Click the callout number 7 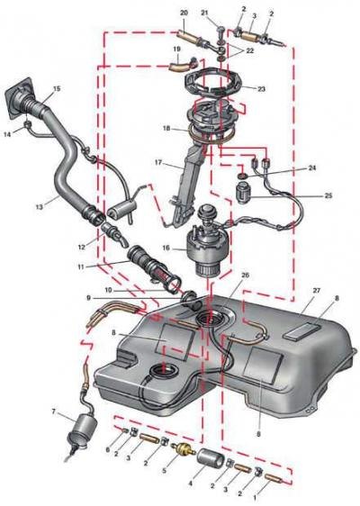click(53, 411)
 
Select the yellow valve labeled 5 click(184, 449)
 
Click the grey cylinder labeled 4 click(211, 458)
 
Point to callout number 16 click(166, 248)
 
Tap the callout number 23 click(261, 88)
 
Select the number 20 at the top click(184, 13)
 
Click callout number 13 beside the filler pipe click(39, 206)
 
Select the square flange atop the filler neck click(19, 97)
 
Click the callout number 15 click(57, 88)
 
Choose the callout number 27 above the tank click(317, 291)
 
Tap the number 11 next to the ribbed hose click(81, 267)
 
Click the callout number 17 click(158, 162)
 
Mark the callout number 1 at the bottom click(255, 498)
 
